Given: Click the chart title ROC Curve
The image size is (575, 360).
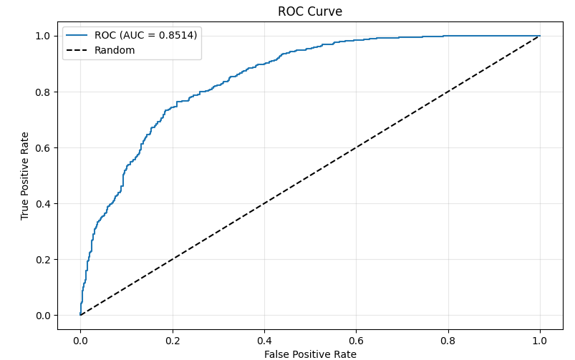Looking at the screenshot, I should click(310, 12).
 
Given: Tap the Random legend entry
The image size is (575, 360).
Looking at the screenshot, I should click(115, 50).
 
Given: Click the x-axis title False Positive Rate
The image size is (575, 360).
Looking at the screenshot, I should click(310, 354).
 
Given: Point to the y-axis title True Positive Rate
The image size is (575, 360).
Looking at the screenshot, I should click(25, 175).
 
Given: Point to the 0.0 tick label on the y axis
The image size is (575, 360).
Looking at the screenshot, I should click(44, 316).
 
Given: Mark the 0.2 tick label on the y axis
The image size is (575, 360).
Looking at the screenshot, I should click(44, 260).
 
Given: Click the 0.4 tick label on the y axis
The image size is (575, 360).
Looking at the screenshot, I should click(44, 204).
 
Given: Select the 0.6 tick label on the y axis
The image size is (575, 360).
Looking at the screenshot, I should click(44, 148).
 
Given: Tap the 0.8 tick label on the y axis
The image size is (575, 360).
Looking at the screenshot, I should click(44, 92).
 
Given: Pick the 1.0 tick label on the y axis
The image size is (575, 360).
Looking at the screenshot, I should click(44, 36).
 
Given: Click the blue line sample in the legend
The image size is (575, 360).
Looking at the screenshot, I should click(78, 35).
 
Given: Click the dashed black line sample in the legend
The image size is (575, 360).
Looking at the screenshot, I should click(78, 50).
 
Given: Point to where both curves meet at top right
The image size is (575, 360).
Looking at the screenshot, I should click(540, 36).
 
